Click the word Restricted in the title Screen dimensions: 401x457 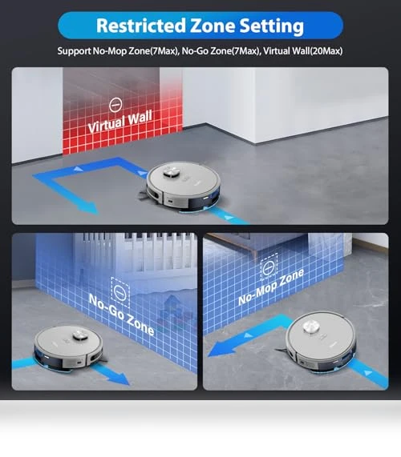141,26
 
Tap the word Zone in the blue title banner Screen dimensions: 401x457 213,26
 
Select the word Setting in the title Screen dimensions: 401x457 272,26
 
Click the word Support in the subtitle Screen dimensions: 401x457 74,51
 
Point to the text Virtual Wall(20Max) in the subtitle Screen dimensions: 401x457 302,51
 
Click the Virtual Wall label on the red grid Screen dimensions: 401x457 120,121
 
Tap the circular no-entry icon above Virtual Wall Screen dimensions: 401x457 115,105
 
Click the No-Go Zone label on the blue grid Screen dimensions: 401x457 121,315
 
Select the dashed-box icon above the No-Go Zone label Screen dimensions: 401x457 120,292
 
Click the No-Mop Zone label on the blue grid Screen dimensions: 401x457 271,287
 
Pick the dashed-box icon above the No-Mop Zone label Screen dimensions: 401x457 269,267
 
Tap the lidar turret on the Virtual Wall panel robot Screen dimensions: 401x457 172,172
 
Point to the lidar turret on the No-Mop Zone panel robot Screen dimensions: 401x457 310,327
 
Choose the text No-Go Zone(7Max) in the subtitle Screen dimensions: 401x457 221,51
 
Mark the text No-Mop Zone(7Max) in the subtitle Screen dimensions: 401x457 136,51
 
